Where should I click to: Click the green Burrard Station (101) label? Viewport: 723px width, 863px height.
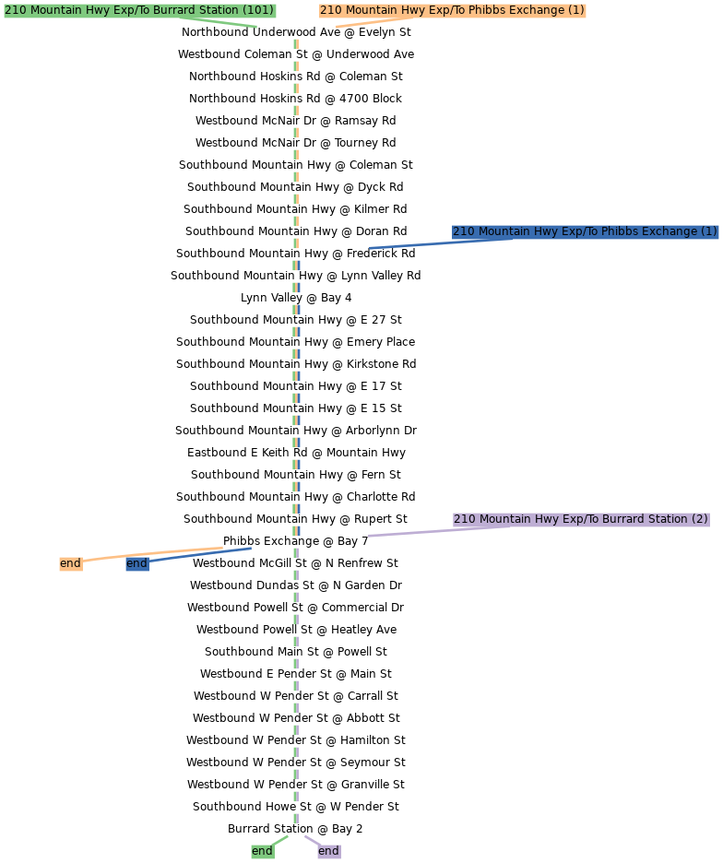pyautogui.click(x=139, y=10)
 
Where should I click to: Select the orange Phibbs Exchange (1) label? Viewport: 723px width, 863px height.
pyautogui.click(x=452, y=10)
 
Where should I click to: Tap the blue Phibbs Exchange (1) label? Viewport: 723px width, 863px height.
pyautogui.click(x=585, y=231)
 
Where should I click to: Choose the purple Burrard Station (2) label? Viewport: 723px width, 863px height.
pyautogui.click(x=581, y=519)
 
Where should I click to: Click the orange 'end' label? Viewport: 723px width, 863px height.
pyautogui.click(x=70, y=563)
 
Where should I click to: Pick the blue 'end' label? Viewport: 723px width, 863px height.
pyautogui.click(x=136, y=563)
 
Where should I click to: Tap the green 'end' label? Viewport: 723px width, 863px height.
pyautogui.click(x=262, y=851)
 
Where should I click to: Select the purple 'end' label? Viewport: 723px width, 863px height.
pyautogui.click(x=328, y=851)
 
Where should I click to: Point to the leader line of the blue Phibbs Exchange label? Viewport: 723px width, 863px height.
pyautogui.click(x=415, y=243)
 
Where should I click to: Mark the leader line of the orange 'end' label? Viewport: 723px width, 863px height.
pyautogui.click(x=157, y=554)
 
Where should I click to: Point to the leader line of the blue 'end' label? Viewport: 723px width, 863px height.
pyautogui.click(x=203, y=554)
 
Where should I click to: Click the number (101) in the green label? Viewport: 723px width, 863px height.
pyautogui.click(x=258, y=10)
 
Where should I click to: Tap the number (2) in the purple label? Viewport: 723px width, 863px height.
pyautogui.click(x=699, y=519)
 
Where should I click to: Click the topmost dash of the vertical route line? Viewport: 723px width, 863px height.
pyautogui.click(x=296, y=44)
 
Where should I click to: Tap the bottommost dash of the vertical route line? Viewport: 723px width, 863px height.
pyautogui.click(x=296, y=819)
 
